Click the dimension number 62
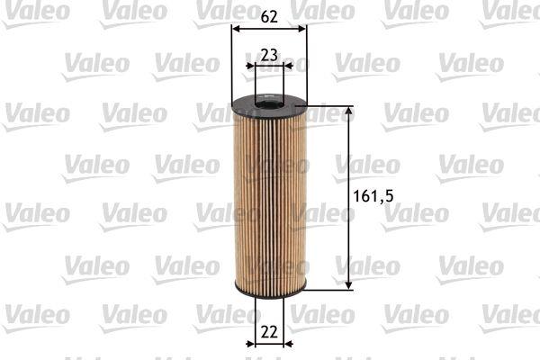[269, 16]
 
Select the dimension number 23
[269, 55]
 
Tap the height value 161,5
[373, 196]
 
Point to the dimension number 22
[269, 332]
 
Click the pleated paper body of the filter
[270, 200]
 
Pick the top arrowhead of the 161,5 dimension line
[349, 111]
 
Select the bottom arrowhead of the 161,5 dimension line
[349, 284]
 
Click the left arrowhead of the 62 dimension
[237, 29]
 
